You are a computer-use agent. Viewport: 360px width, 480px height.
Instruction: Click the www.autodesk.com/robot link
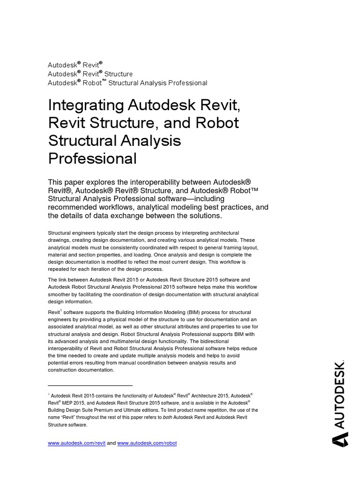click(147, 443)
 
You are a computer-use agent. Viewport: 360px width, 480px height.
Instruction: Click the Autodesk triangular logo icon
click(340, 440)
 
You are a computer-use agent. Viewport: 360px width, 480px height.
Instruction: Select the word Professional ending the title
click(92, 158)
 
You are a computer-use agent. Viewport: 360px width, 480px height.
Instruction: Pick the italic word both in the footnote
click(167, 417)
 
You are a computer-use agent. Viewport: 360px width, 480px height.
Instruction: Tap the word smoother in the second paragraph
click(59, 294)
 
